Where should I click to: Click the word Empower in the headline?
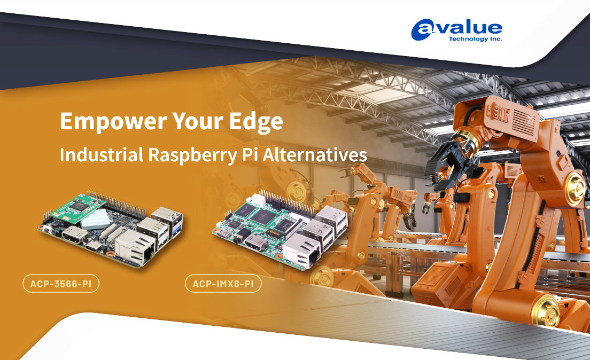(x=113, y=121)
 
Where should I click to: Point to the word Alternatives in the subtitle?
(x=315, y=154)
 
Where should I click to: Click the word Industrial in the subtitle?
(x=102, y=154)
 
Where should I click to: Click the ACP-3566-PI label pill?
(x=61, y=284)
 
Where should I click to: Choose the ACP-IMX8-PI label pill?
(x=223, y=284)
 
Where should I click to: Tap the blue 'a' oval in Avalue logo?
(x=422, y=30)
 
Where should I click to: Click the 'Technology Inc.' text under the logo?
(x=475, y=39)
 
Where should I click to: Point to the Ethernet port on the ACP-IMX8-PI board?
(x=301, y=250)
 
